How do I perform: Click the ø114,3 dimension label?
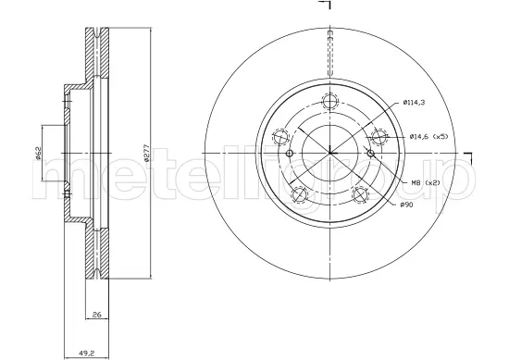click(x=414, y=103)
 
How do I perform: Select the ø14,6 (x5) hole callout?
click(x=428, y=137)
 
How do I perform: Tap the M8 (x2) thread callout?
click(x=426, y=183)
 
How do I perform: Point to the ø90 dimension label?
click(x=407, y=205)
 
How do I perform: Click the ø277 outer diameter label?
click(x=146, y=153)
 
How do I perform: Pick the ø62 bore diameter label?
click(x=38, y=153)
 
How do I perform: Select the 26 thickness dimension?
click(x=97, y=315)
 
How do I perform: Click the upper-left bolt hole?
click(x=281, y=137)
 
